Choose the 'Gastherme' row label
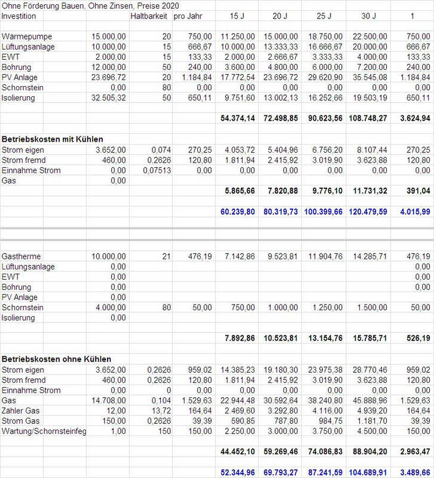[23, 256]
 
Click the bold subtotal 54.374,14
[238, 119]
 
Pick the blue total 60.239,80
[238, 212]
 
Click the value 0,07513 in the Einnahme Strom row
[155, 170]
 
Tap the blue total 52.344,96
[238, 472]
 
